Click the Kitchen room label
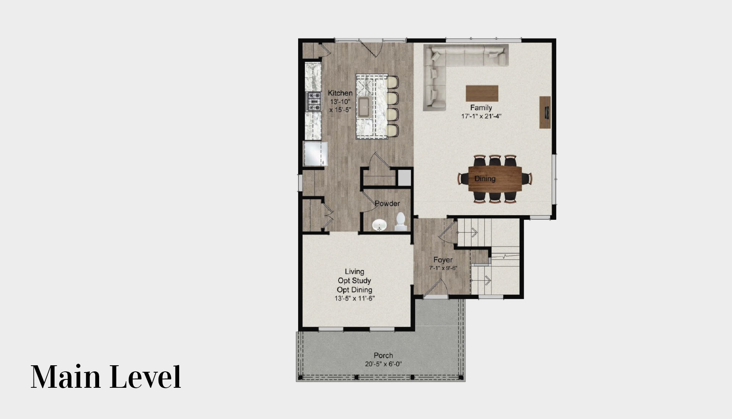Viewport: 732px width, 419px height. click(x=340, y=93)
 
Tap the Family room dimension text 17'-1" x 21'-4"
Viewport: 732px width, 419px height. click(x=481, y=117)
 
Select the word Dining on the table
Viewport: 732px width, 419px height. click(x=485, y=179)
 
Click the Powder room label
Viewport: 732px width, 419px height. click(x=387, y=203)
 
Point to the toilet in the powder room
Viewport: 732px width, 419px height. click(x=401, y=222)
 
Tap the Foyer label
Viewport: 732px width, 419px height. click(x=443, y=260)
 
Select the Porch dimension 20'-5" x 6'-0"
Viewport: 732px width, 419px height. click(x=383, y=364)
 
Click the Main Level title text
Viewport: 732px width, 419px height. click(x=106, y=377)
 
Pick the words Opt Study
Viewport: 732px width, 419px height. click(x=354, y=281)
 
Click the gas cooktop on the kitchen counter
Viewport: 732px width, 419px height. click(x=314, y=101)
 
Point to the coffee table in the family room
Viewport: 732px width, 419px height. click(x=482, y=93)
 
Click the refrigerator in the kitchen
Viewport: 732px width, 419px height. click(x=315, y=154)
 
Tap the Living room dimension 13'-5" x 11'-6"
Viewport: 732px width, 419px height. click(x=355, y=299)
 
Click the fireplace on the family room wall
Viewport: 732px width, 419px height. click(x=545, y=112)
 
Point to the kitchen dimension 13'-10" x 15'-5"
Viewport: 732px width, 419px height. click(x=340, y=106)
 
